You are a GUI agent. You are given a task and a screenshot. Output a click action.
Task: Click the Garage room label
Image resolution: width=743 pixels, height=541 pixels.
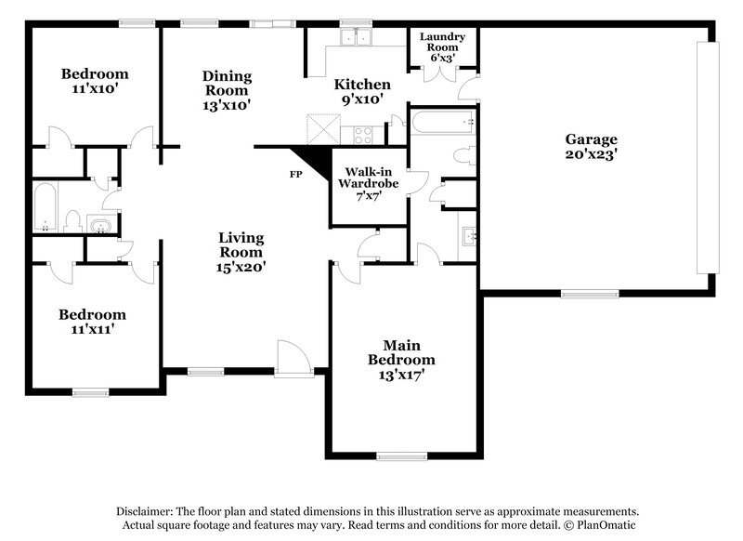(591, 139)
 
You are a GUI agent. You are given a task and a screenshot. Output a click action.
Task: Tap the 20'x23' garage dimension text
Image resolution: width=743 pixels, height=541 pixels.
(591, 155)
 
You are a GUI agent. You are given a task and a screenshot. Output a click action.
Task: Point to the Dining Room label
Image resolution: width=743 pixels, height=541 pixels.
(227, 84)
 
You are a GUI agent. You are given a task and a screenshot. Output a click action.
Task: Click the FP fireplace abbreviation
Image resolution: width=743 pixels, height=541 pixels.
(295, 174)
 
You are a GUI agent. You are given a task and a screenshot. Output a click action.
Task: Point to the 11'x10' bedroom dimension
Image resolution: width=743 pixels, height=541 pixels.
(95, 90)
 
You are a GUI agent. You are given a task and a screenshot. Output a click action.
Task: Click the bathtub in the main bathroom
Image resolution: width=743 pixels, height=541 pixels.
(444, 122)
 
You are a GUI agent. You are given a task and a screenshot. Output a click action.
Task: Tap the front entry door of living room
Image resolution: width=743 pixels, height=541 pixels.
(291, 359)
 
